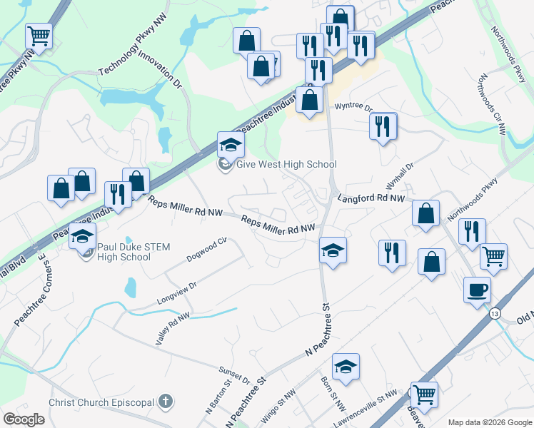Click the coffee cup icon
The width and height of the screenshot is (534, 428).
[477, 290]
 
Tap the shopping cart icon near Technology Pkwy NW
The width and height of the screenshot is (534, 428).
[39, 35]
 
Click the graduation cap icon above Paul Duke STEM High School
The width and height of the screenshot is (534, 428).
[84, 235]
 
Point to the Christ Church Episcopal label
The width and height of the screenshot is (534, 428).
[103, 402]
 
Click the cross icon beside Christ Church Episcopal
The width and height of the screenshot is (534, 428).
[166, 402]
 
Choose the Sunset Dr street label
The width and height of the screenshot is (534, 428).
[236, 372]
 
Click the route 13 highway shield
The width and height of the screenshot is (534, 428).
[494, 313]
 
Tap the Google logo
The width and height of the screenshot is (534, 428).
[24, 419]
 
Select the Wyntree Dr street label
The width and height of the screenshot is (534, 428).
[353, 107]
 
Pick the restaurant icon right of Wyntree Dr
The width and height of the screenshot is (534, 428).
[383, 126]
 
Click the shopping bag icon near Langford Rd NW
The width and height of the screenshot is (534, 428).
[426, 213]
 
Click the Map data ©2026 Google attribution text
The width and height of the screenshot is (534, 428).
[489, 422]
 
